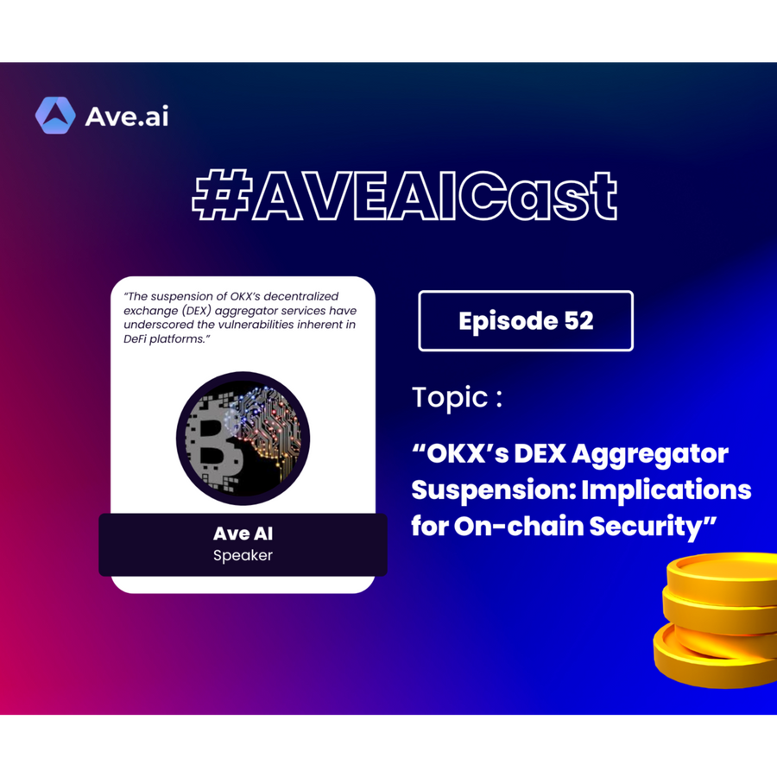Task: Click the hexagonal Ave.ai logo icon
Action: point(55,116)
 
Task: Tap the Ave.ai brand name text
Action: point(127,117)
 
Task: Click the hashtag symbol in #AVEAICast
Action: point(223,195)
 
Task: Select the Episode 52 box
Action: point(526,321)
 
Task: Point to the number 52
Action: point(578,321)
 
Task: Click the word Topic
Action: point(451,398)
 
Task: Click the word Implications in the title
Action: point(666,490)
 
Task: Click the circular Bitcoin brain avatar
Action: point(243,439)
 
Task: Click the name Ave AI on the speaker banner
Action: point(243,534)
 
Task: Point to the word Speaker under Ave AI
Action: point(243,555)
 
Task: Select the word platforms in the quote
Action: point(180,339)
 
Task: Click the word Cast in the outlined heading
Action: point(538,196)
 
